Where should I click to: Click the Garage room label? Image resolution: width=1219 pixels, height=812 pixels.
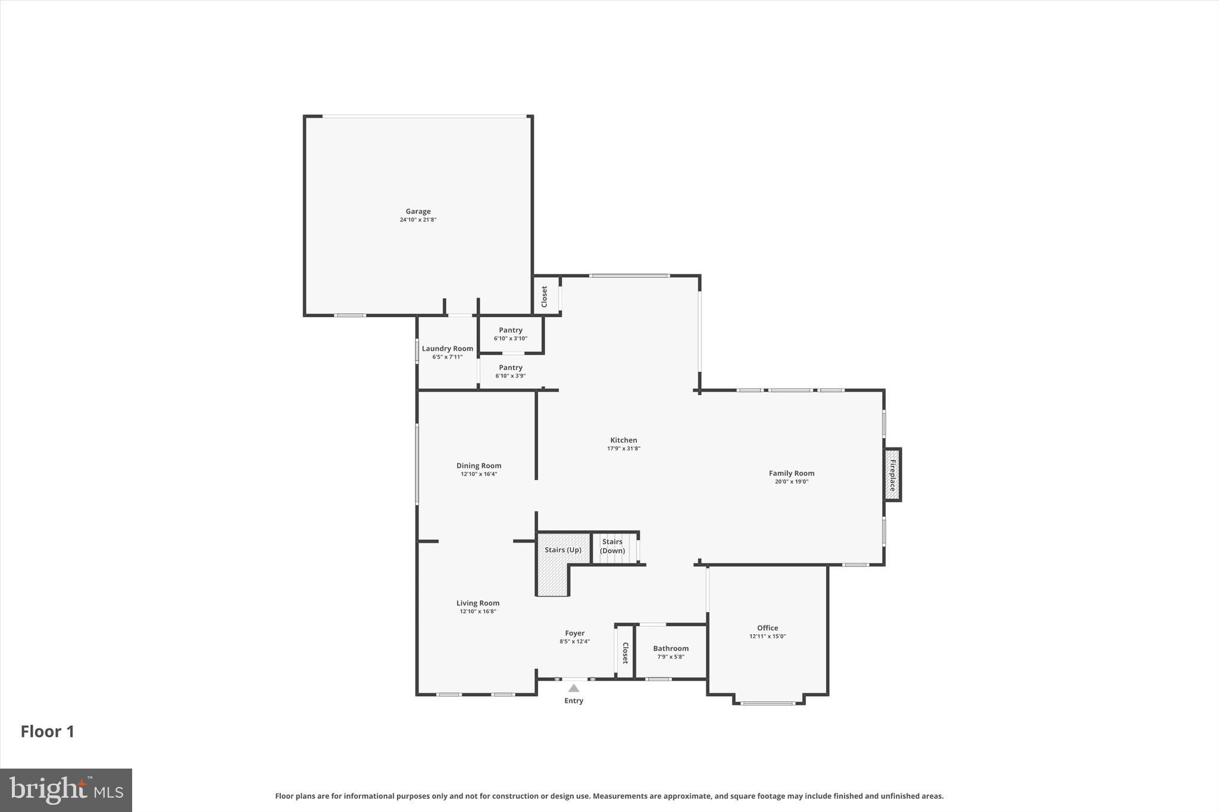click(418, 212)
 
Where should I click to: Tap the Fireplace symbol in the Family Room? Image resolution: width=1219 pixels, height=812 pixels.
click(892, 474)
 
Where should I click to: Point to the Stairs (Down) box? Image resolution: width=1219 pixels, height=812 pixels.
click(613, 546)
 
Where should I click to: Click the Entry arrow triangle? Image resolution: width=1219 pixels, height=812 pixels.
click(573, 688)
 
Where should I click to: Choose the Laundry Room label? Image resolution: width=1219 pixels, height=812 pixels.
click(448, 349)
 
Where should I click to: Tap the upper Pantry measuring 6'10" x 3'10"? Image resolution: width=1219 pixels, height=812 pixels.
click(511, 334)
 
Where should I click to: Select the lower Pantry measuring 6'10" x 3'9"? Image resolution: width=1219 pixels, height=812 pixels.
click(511, 372)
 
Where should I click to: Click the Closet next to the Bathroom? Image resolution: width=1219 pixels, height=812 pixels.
click(625, 653)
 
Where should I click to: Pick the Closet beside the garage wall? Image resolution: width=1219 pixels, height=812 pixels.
click(545, 296)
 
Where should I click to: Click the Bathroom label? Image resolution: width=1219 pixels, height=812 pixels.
click(671, 649)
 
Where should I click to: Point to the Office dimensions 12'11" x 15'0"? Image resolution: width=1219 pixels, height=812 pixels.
click(767, 637)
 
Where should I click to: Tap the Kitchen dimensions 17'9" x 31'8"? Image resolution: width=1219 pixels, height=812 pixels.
click(623, 449)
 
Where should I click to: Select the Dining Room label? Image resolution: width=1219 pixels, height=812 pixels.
click(479, 466)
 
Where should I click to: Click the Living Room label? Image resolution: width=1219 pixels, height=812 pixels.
click(477, 603)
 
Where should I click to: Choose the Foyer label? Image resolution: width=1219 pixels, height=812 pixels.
click(574, 634)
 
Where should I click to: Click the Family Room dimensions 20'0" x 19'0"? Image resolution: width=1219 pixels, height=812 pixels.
click(791, 482)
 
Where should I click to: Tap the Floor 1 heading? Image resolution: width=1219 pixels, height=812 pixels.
click(48, 732)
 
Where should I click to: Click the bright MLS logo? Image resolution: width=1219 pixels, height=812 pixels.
click(66, 790)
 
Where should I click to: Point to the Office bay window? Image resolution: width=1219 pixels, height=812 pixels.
click(768, 703)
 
